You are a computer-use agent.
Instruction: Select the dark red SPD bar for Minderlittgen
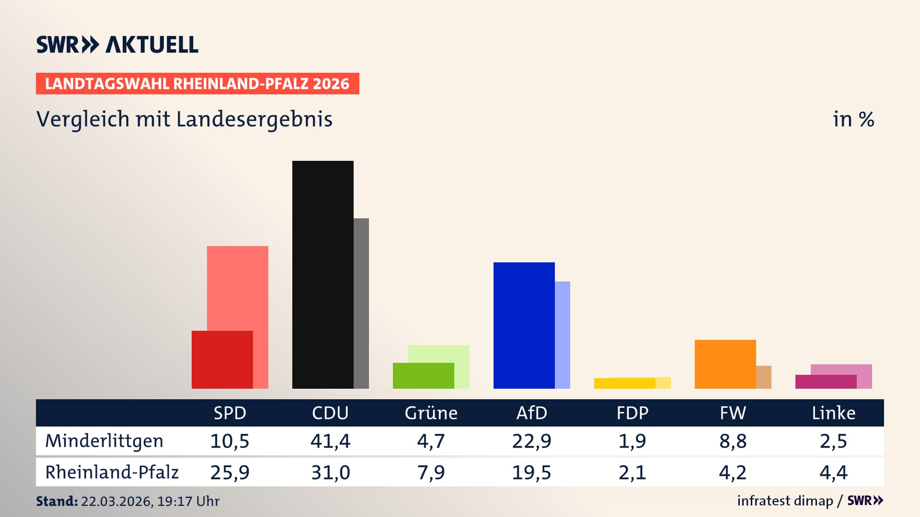(x=222, y=360)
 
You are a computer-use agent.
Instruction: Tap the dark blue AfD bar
(x=524, y=325)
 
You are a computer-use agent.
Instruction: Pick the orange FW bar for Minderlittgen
(x=725, y=364)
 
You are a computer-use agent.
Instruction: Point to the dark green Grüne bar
(x=423, y=376)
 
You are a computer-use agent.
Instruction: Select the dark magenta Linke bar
(x=826, y=382)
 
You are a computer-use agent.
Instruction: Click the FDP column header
(x=632, y=413)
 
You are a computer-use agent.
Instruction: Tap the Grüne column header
(x=431, y=413)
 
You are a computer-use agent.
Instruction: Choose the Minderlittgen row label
(x=104, y=441)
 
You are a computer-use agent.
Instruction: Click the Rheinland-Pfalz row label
(x=112, y=472)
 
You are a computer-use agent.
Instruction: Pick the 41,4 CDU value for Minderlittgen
(x=330, y=441)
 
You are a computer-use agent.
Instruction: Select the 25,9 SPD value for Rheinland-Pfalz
(x=230, y=472)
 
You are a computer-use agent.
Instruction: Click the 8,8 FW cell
(x=733, y=441)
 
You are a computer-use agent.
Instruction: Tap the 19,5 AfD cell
(x=531, y=472)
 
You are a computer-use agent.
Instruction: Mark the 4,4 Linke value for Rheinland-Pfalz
(x=833, y=472)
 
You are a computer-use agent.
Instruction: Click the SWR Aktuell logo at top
(x=117, y=45)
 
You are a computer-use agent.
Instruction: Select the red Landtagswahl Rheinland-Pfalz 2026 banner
(x=197, y=83)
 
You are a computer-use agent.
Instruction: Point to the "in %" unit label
(x=853, y=119)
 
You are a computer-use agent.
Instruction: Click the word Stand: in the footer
(x=57, y=501)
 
